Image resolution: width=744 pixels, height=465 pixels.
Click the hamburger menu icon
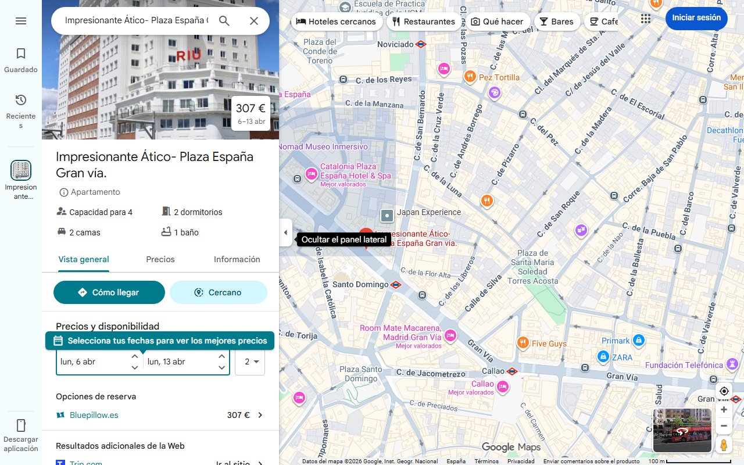(21, 21)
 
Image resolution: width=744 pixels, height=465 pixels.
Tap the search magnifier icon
(224, 21)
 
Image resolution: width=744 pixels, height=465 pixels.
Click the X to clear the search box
(254, 21)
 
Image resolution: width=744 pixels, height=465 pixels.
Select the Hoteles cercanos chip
(336, 22)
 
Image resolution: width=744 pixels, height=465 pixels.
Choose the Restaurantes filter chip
(423, 22)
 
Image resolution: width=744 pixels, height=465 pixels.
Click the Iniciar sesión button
(696, 18)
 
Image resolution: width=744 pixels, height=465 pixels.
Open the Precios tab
(160, 259)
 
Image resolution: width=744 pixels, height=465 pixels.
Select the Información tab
(237, 259)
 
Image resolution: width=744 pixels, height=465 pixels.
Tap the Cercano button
(218, 292)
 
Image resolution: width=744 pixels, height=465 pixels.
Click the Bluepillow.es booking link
(94, 415)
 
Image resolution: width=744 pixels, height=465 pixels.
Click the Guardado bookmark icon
(21, 54)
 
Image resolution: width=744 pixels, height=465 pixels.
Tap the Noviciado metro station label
(395, 44)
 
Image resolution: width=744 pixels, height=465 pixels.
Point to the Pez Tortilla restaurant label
(499, 77)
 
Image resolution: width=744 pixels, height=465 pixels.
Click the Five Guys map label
(549, 344)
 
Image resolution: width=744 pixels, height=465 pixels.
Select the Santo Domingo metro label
(360, 285)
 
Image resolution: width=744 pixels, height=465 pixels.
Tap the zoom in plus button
(724, 409)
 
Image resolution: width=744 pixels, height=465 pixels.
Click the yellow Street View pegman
(724, 445)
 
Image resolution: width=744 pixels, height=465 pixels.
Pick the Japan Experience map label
(428, 212)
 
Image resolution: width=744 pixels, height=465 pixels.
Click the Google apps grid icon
(646, 19)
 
